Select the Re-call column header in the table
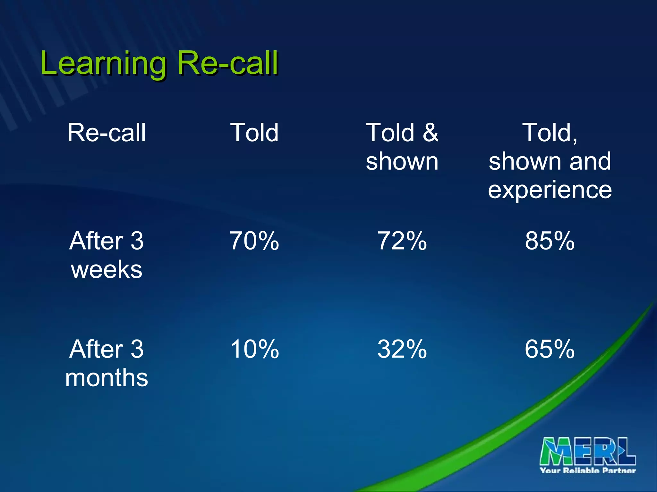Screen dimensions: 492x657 (x=107, y=133)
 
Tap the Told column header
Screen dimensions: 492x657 (x=254, y=133)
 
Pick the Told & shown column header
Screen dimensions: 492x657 (x=402, y=147)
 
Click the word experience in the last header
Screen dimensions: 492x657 (x=550, y=190)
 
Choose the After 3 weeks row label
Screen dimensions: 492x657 (x=107, y=255)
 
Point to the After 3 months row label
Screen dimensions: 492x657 (x=107, y=363)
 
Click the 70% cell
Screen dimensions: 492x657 (x=254, y=241)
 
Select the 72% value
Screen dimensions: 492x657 (x=402, y=241)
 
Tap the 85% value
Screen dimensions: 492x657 (x=550, y=241)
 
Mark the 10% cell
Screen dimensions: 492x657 (x=254, y=349)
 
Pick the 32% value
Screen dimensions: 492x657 (x=402, y=349)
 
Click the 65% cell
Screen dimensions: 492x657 (x=550, y=349)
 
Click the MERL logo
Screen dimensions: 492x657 (x=587, y=451)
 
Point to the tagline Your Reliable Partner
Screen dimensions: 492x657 (x=588, y=471)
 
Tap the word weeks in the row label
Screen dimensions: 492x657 (x=107, y=270)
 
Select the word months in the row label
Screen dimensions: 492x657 (x=107, y=378)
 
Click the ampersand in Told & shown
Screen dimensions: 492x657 (x=430, y=133)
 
